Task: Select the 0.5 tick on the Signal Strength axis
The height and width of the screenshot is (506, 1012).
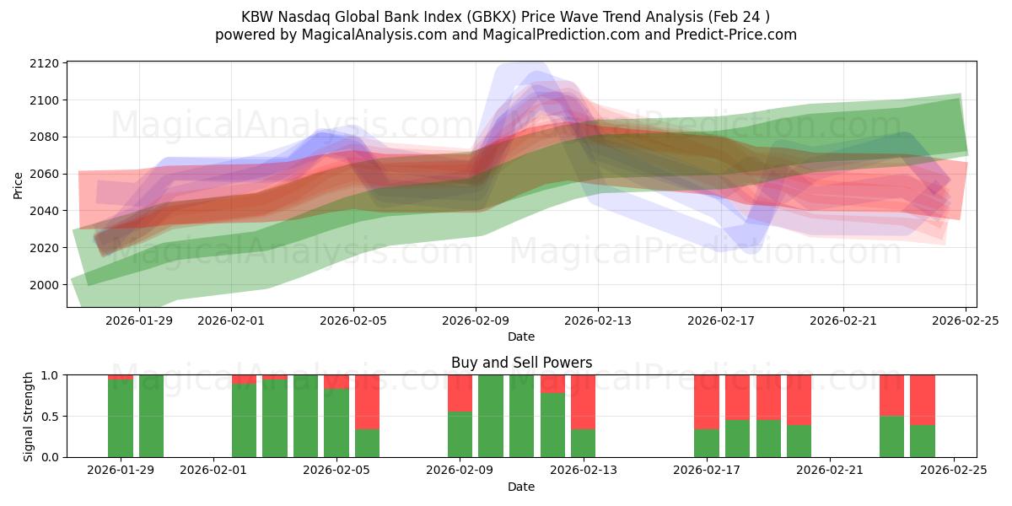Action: [50, 417]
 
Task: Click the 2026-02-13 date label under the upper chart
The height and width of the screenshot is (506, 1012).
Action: [598, 320]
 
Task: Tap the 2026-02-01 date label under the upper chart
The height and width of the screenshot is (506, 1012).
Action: [232, 320]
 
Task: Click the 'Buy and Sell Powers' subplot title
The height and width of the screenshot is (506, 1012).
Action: [521, 363]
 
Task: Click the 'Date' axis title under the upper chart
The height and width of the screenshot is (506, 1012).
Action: [521, 336]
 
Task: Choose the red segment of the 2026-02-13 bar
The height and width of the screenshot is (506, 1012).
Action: [584, 401]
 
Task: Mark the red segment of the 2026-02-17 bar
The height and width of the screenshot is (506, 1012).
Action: [707, 401]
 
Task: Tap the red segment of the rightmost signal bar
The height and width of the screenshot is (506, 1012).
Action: [923, 400]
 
